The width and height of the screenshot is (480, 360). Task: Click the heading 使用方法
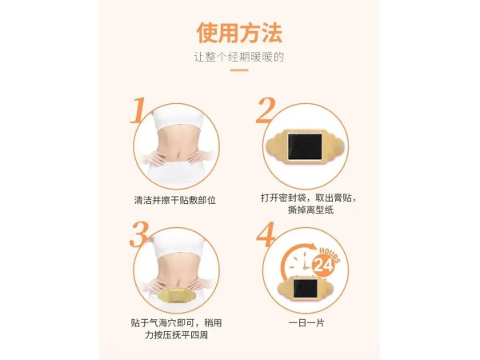239,33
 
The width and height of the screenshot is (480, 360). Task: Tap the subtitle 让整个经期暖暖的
239,58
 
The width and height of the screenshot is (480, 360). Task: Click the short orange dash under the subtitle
239,70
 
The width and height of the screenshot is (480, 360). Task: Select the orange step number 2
266,110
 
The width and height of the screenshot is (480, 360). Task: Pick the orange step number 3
139,234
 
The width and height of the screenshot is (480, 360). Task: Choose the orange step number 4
265,234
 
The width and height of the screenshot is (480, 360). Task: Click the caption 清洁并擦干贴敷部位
175,200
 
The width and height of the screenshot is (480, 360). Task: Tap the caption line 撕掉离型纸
310,210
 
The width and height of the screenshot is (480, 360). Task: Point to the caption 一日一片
306,323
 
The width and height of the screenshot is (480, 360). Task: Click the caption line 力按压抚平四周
176,335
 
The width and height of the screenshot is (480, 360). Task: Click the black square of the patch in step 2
305,146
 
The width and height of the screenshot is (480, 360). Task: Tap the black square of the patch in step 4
305,288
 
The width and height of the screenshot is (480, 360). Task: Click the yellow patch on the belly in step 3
177,295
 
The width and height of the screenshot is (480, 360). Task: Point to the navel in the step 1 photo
177,152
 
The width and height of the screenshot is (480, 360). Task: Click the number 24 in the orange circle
323,266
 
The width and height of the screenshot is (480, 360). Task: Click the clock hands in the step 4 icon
305,262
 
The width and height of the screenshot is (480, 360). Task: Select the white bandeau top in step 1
177,118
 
